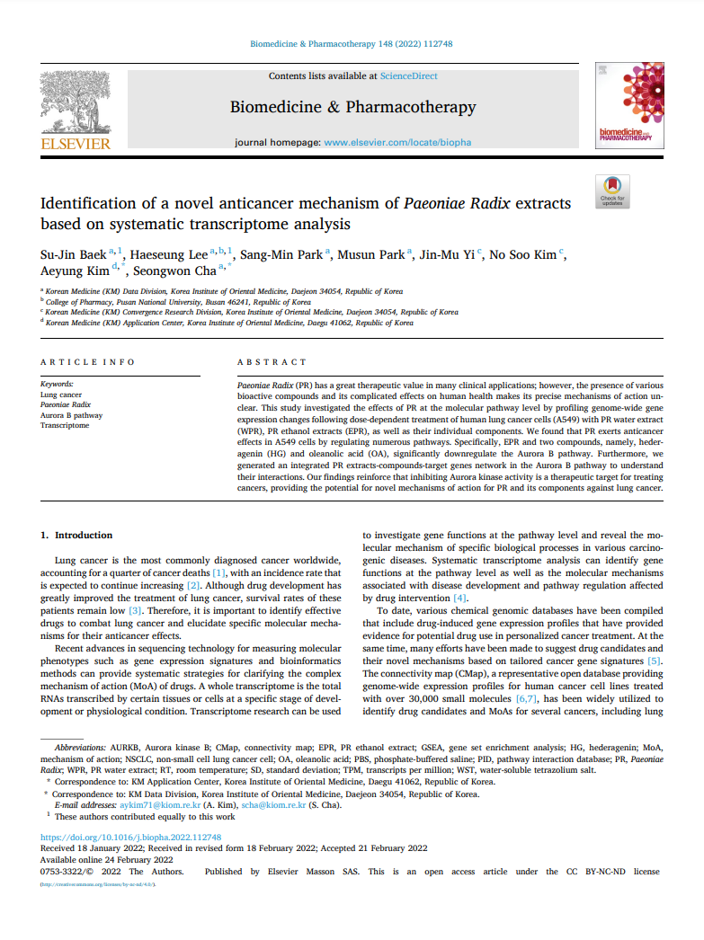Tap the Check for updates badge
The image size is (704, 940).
pos(613,191)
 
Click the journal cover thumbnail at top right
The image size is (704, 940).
pos(629,104)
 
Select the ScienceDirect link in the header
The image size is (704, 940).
pos(408,76)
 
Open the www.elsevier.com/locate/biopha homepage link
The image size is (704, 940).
pos(397,142)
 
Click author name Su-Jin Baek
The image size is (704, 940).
pos(73,254)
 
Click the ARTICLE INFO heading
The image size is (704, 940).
pos(87,361)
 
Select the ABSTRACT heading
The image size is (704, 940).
pos(272,361)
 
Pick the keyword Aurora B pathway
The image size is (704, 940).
pos(72,415)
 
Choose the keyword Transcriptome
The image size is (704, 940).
pos(65,425)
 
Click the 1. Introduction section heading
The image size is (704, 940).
pos(77,535)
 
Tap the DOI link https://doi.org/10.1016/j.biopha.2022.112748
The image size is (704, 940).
pos(131,837)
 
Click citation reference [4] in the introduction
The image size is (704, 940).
pos(459,598)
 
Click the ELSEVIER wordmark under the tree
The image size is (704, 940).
pos(76,143)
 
